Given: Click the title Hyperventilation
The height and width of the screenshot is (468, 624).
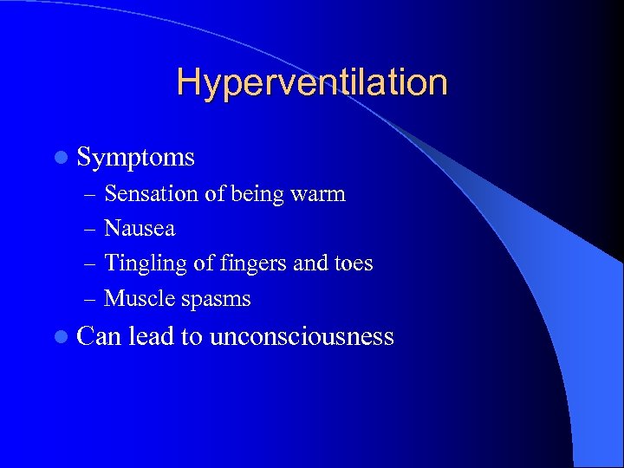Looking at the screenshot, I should [312, 82].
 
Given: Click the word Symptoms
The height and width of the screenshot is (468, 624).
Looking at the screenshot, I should [136, 157].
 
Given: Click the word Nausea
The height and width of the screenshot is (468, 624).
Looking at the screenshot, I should [140, 229].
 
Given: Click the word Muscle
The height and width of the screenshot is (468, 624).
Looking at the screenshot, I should [139, 299].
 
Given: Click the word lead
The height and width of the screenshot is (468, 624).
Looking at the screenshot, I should [151, 336].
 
